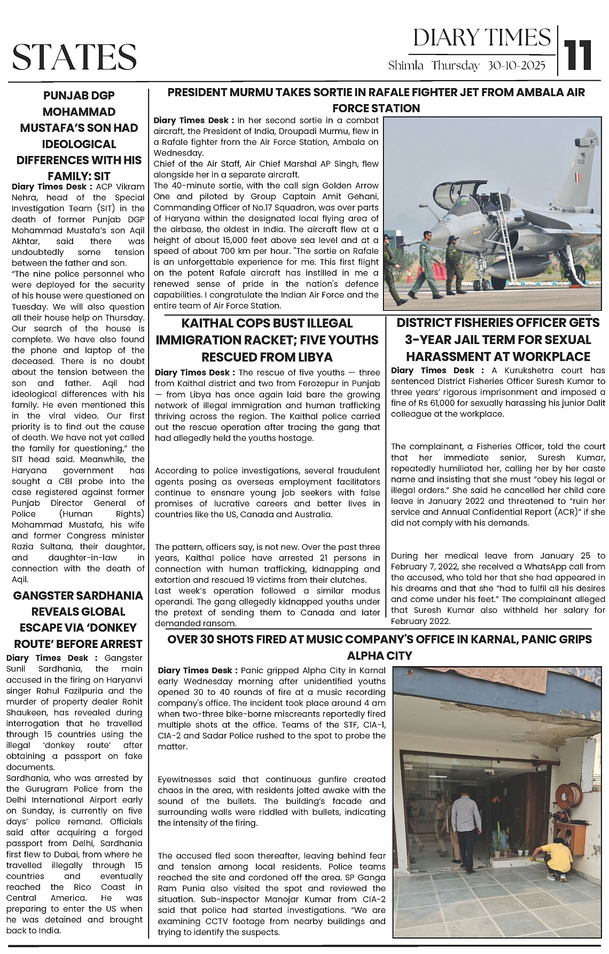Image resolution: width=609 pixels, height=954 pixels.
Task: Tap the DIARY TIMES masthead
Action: [x=482, y=38]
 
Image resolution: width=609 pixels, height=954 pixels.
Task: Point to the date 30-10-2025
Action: [x=516, y=66]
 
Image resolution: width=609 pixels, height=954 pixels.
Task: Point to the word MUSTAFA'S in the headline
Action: [x=79, y=128]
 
